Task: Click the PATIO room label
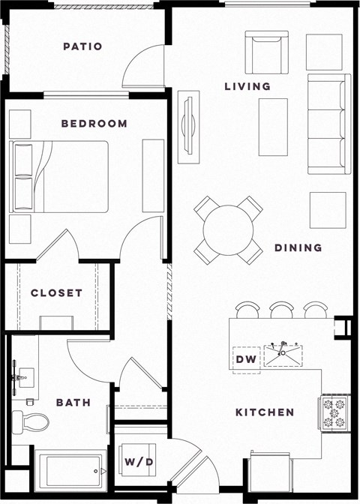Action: (82, 46)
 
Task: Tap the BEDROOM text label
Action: (94, 124)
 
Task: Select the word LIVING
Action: (247, 86)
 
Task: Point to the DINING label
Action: (298, 247)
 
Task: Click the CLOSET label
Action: (56, 292)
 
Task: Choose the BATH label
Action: (73, 403)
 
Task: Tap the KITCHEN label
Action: (265, 412)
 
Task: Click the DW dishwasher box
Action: (246, 360)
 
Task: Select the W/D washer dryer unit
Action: (139, 461)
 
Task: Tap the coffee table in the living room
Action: (273, 127)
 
